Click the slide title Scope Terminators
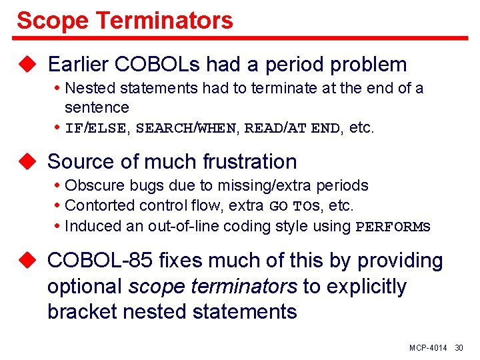(x=125, y=20)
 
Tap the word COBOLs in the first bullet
(x=160, y=65)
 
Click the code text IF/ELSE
(x=95, y=129)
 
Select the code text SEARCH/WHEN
(x=185, y=129)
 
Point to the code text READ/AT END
(x=292, y=129)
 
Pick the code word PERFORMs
(x=393, y=227)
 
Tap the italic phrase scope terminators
(x=213, y=287)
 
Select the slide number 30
(x=459, y=349)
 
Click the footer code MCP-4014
(x=428, y=349)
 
